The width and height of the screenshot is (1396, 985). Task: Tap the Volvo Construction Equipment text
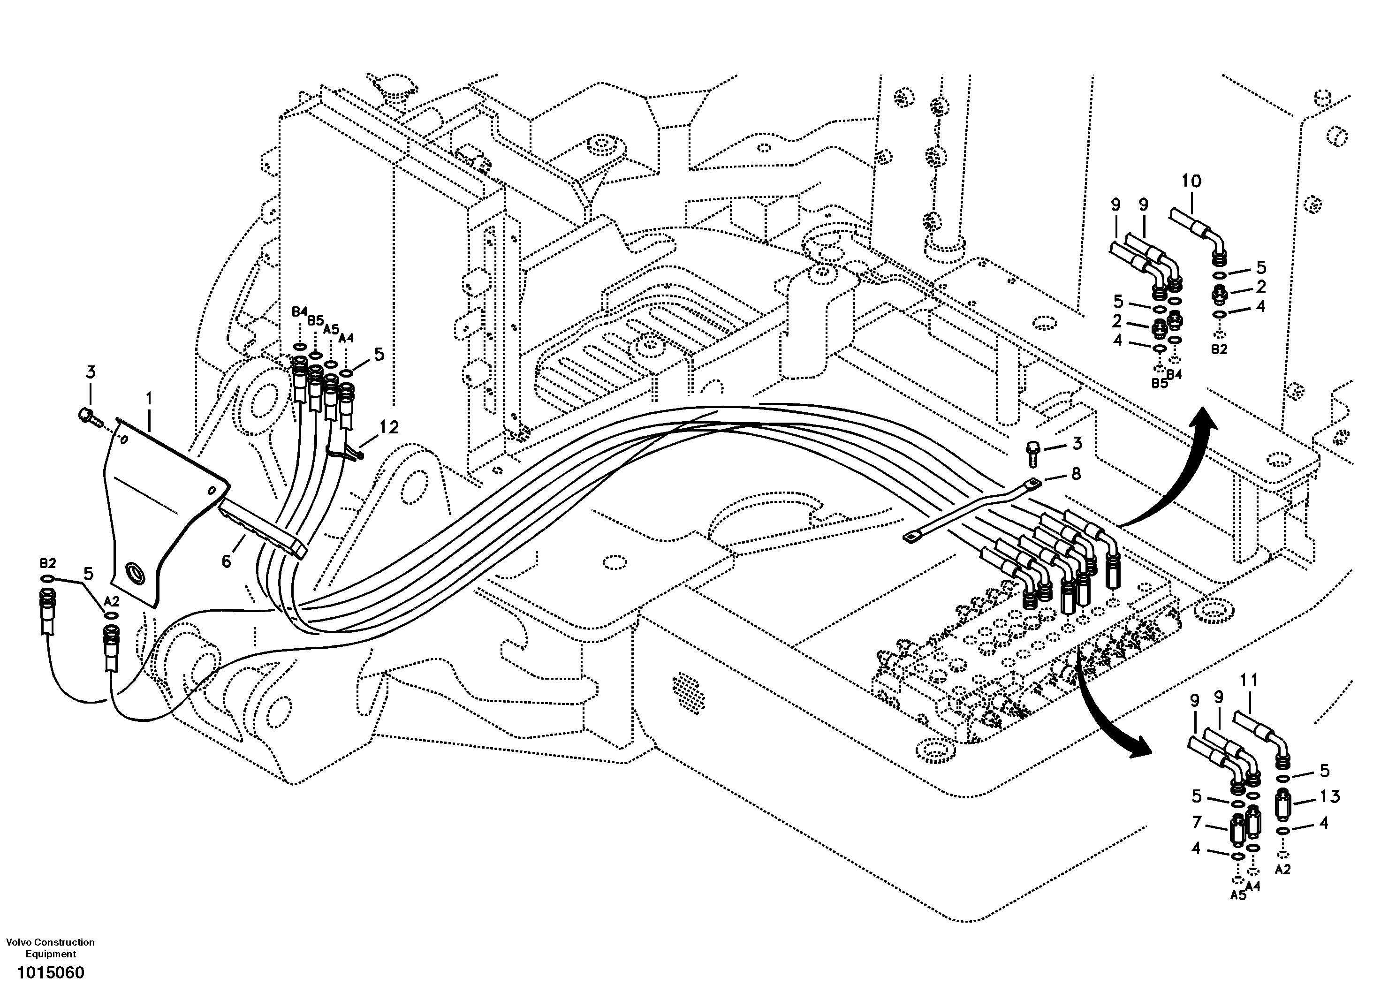point(51,948)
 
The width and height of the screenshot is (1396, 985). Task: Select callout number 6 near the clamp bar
point(226,561)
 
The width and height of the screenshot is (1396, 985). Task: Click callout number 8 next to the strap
point(1075,474)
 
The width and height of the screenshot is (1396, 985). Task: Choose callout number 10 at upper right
point(1191,181)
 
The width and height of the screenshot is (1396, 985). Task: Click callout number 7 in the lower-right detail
point(1197,823)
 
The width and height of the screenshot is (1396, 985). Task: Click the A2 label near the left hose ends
point(111,601)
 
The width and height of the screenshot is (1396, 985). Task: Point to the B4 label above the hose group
point(299,312)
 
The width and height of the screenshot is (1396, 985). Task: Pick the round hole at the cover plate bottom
point(135,572)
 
